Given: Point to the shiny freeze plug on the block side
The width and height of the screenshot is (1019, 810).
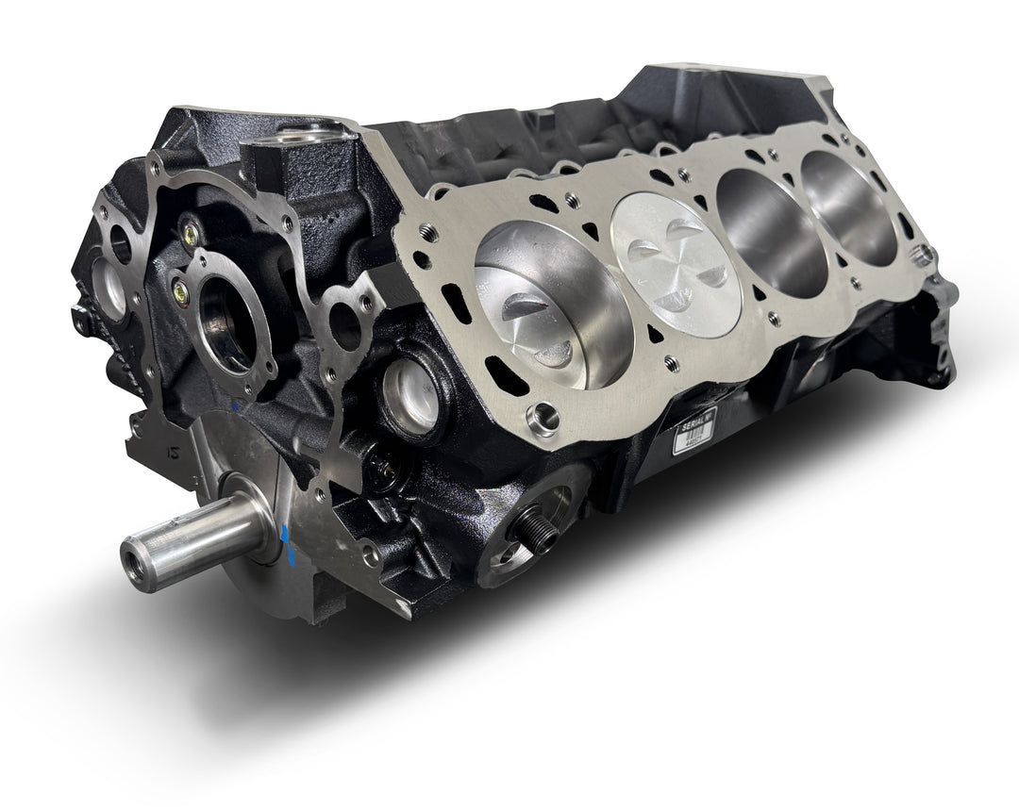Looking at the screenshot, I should (411, 393).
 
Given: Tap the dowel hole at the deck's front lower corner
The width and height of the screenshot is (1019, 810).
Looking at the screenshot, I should (544, 414).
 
